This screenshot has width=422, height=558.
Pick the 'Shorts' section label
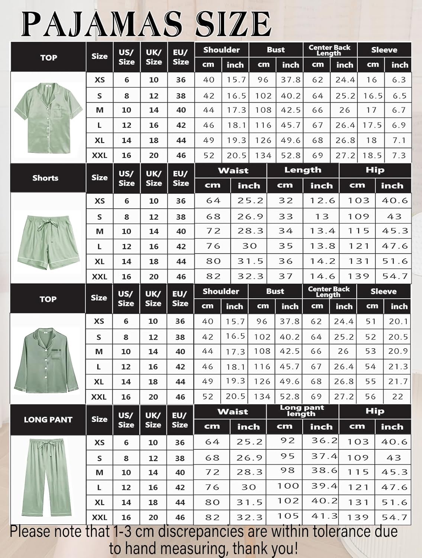(x=45, y=178)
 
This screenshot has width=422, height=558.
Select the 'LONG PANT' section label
(x=48, y=420)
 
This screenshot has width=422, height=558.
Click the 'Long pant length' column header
(x=302, y=411)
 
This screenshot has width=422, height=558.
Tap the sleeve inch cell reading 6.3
(x=399, y=80)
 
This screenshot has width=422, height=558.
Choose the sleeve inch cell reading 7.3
(x=399, y=155)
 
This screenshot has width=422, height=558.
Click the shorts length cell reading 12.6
(x=322, y=201)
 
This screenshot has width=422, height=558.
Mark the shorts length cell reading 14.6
(x=322, y=276)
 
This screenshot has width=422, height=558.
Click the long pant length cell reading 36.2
(x=325, y=441)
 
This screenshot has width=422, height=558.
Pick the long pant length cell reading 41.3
(x=325, y=516)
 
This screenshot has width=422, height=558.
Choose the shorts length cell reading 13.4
(x=322, y=231)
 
